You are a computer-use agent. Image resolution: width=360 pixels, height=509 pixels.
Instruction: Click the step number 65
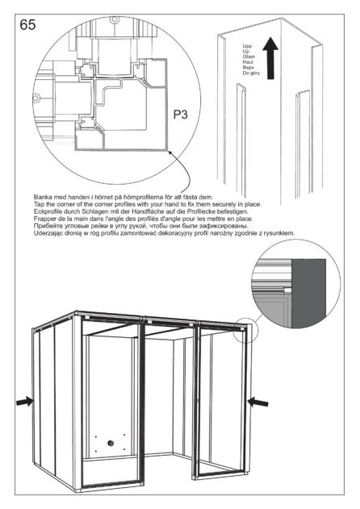coord(27,25)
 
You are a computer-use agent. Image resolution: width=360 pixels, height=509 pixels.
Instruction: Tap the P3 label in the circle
coord(180,115)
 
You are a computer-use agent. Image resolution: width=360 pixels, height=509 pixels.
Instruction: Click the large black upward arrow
coord(270,58)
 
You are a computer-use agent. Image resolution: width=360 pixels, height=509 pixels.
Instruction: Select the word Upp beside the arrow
coord(247,46)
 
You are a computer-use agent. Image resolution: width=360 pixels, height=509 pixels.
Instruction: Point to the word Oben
coord(249,56)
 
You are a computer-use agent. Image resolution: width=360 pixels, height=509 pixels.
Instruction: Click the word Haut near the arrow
coord(248,61)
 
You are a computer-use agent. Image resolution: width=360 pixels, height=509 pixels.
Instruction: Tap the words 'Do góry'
coord(251,73)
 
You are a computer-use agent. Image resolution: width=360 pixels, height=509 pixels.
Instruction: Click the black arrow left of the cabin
coord(25,402)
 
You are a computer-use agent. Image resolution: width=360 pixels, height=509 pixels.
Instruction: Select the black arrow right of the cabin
coord(258,403)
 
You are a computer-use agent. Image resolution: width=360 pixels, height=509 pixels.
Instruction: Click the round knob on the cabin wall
coord(111,443)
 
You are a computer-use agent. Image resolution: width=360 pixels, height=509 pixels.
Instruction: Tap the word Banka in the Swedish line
coord(42,197)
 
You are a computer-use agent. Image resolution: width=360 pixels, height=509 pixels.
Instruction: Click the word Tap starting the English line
coord(39,204)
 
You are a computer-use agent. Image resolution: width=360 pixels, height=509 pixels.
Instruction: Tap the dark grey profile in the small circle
coord(308,293)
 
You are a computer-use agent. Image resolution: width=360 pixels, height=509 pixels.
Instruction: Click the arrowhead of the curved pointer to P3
coord(170,152)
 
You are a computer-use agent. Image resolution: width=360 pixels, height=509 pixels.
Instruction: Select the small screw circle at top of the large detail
coord(114,19)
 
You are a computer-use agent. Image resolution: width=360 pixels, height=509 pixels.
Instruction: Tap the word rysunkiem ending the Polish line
coord(282,233)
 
